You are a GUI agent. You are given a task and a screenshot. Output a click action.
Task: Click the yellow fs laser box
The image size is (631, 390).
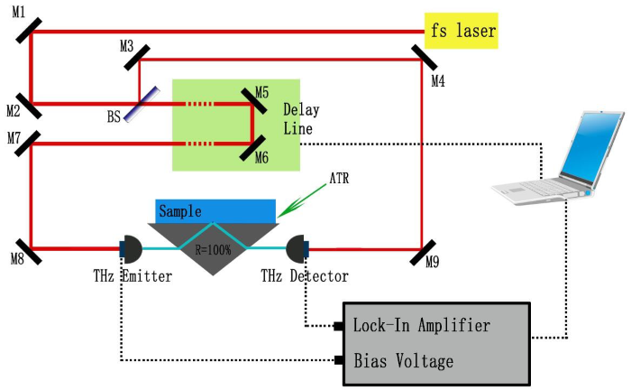coord(461,32)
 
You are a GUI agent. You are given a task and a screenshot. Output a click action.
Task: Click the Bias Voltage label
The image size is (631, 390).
coord(404,361)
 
